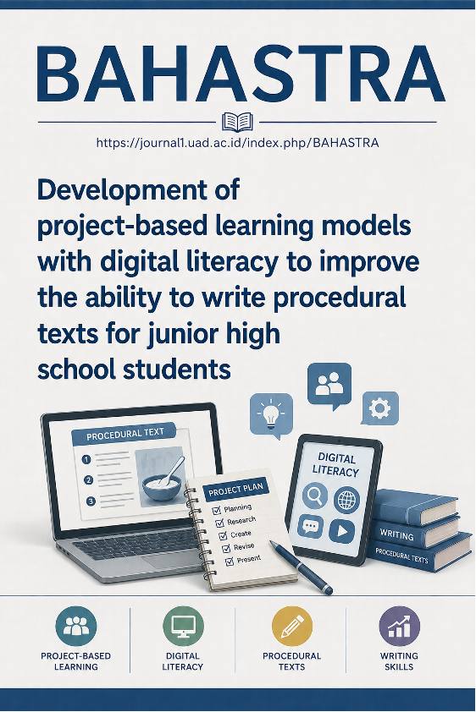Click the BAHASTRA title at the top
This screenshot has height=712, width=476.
coord(241,75)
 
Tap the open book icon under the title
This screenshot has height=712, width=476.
coord(237,122)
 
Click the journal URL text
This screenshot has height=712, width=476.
coord(237,143)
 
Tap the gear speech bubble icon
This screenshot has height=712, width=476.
coord(379,408)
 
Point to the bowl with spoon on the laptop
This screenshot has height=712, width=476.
coord(163,480)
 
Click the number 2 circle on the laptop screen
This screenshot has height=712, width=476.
coord(88,480)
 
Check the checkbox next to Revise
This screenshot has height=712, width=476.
coord(226,549)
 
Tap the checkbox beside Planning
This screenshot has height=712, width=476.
coord(217,511)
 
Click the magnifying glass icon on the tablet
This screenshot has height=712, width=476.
coord(314,495)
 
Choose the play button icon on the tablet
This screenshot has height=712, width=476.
coord(342,531)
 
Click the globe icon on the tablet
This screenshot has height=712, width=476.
coord(347,501)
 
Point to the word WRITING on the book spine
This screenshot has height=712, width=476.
coord(397,535)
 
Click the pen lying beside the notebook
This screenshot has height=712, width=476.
coord(301,567)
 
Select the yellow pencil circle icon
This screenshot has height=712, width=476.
coord(292,627)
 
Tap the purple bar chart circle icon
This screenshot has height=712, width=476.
coord(399,627)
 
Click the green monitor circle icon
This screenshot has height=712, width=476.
coord(183,627)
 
